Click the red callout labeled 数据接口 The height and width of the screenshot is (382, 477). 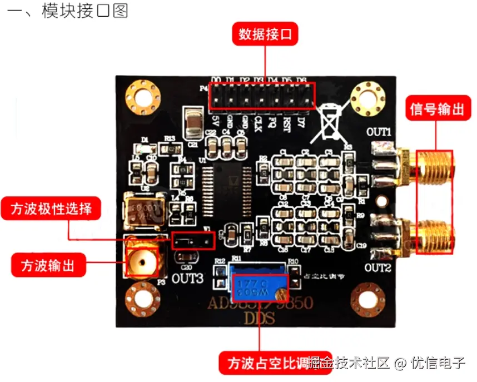pyautogui.click(x=265, y=35)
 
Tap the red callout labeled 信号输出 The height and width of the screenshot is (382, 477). pyautogui.click(x=436, y=109)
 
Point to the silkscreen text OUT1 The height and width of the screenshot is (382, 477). pyautogui.click(x=379, y=132)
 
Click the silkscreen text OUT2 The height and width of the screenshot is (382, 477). pyautogui.click(x=379, y=267)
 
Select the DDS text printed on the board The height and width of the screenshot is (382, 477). pyautogui.click(x=259, y=319)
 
